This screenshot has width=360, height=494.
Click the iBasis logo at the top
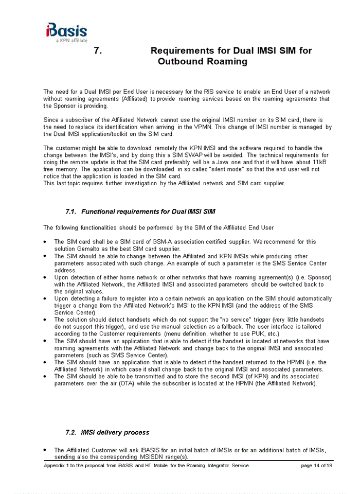66,30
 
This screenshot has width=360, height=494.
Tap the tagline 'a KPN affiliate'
71,40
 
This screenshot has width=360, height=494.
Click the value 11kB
322,162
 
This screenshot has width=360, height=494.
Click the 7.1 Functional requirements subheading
140,211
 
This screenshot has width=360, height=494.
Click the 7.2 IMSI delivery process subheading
107,432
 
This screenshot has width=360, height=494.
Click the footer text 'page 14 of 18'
316,465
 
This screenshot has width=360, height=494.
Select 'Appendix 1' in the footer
58,465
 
